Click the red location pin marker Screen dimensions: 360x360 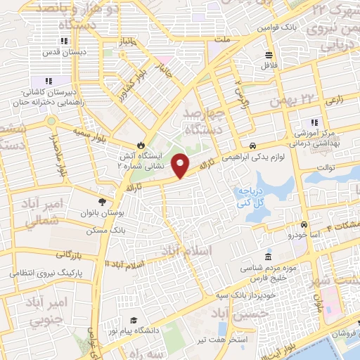tap(181, 165)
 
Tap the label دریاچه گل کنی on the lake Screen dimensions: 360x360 tap(250, 198)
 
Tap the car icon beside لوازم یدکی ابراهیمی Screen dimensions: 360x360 tap(252, 139)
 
